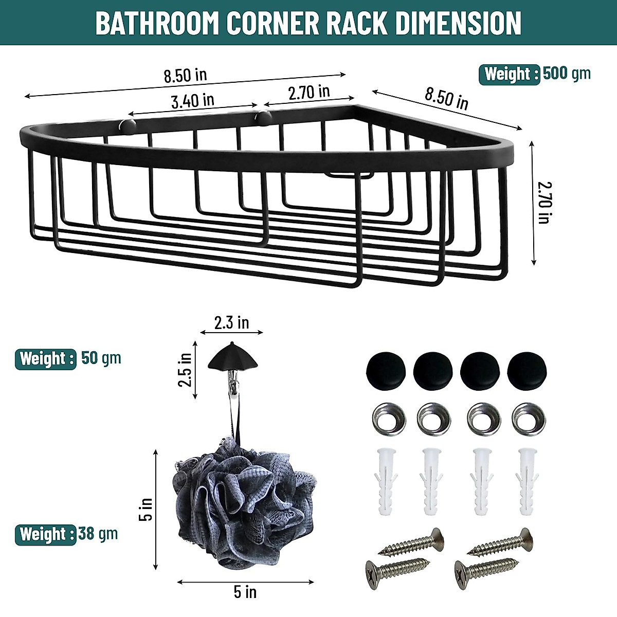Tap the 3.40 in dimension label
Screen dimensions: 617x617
(192, 100)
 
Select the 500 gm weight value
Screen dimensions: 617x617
(567, 74)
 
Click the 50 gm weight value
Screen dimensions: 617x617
(101, 358)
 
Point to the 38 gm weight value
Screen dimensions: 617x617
(98, 534)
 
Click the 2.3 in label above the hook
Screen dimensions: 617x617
(231, 323)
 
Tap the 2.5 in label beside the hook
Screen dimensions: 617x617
(186, 369)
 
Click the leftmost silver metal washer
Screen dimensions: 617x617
(388, 418)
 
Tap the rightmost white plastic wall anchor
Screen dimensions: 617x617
(528, 481)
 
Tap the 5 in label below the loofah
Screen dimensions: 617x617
(245, 592)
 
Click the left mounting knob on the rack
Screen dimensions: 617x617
(126, 124)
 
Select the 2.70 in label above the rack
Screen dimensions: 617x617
(308, 93)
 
